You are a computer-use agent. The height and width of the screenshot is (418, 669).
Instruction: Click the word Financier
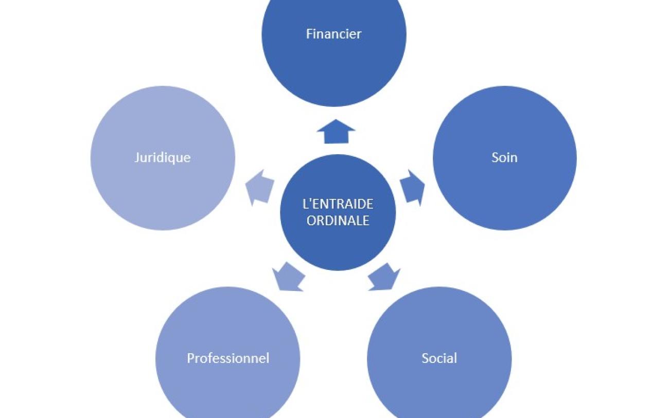(x=333, y=34)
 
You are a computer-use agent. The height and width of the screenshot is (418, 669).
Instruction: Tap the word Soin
(x=504, y=157)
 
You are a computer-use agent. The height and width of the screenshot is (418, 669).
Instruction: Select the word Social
(x=439, y=358)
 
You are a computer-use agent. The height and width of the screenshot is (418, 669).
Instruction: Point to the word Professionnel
(x=227, y=358)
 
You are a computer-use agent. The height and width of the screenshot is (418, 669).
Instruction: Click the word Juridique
(x=163, y=157)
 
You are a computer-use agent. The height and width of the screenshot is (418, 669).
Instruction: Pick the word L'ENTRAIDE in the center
(x=338, y=204)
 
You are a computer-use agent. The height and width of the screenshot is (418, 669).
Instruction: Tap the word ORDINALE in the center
(x=338, y=220)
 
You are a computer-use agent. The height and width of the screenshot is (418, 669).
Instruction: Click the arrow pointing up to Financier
(x=336, y=132)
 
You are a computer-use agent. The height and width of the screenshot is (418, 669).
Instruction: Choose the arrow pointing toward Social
(x=385, y=277)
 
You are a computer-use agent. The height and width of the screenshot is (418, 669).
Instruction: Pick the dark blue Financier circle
(x=333, y=67)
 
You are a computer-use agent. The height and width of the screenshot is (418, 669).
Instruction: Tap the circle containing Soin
(x=504, y=190)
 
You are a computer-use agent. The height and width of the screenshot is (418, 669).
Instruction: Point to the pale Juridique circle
(x=163, y=190)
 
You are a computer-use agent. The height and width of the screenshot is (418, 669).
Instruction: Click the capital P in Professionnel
(x=190, y=358)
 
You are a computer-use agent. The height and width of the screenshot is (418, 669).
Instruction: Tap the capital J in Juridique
(x=137, y=157)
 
